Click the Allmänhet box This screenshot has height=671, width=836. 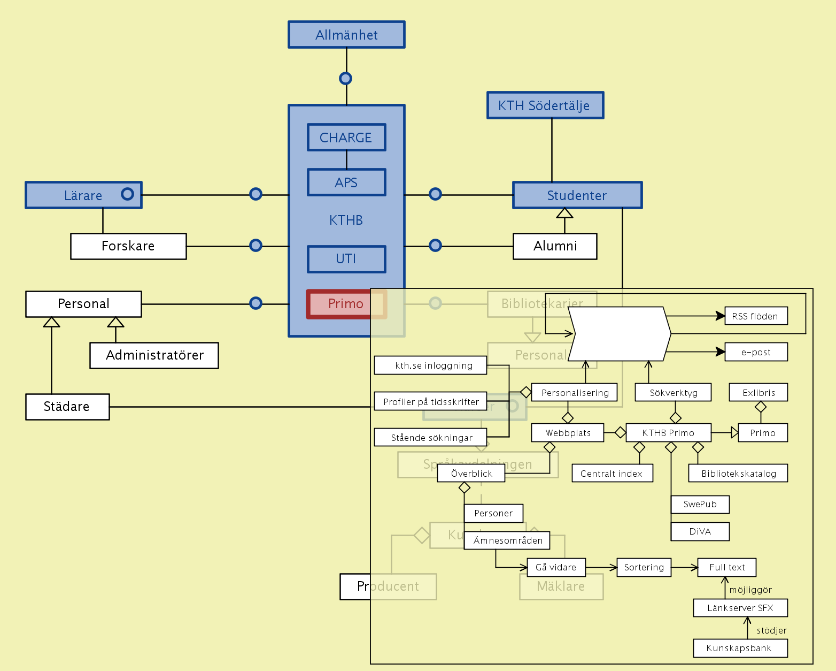[346, 35]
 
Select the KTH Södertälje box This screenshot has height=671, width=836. [545, 105]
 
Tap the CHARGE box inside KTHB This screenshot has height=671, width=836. [346, 138]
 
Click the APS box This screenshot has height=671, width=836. [346, 182]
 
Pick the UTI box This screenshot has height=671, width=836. [346, 259]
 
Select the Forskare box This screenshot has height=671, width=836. [128, 246]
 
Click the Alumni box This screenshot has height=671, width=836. [555, 246]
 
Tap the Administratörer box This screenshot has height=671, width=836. [154, 355]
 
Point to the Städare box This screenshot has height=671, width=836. [67, 407]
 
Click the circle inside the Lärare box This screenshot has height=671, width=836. [127, 194]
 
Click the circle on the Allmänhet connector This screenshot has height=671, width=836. [346, 79]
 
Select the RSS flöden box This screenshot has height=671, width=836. [755, 316]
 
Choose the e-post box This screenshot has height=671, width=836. [756, 352]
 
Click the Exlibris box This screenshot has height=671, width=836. [758, 393]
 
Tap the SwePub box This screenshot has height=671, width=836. [700, 504]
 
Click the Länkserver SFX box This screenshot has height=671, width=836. [740, 608]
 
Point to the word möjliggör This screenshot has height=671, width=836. [750, 590]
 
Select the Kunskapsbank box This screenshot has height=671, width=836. [740, 648]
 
